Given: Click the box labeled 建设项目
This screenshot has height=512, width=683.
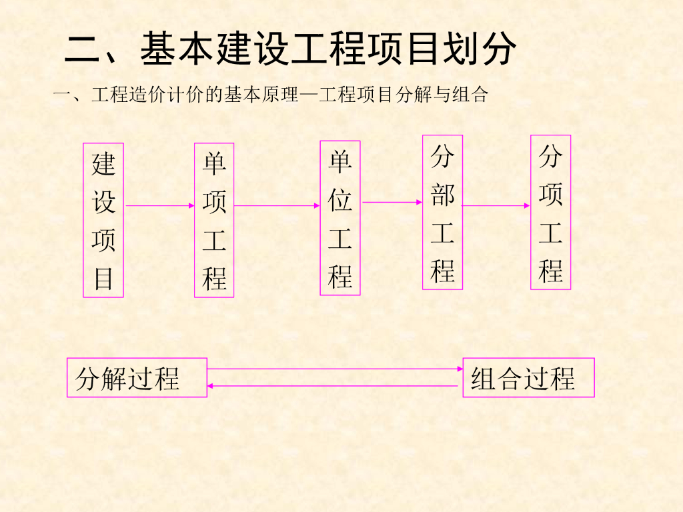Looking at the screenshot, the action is [103, 220].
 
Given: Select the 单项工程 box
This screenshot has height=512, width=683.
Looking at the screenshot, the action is [214, 220].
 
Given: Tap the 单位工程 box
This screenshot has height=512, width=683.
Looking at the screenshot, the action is [340, 218].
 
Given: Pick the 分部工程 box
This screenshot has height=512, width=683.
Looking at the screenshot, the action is [442, 213].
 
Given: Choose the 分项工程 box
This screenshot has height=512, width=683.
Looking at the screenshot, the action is [550, 213].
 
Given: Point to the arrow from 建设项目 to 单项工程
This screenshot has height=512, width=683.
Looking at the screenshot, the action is [159, 206].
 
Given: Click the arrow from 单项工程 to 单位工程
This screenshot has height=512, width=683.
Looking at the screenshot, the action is [277, 206].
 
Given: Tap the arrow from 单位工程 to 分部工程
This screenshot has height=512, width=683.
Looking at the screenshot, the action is [392, 202].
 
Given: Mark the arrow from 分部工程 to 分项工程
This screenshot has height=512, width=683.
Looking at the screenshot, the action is [496, 206].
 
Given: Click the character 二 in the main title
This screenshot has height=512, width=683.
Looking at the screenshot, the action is [81, 49].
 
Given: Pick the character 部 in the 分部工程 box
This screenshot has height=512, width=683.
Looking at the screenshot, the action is [442, 195].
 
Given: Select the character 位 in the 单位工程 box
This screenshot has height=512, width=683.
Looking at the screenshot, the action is [340, 199].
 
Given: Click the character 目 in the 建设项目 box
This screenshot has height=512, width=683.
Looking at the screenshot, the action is [103, 278].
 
